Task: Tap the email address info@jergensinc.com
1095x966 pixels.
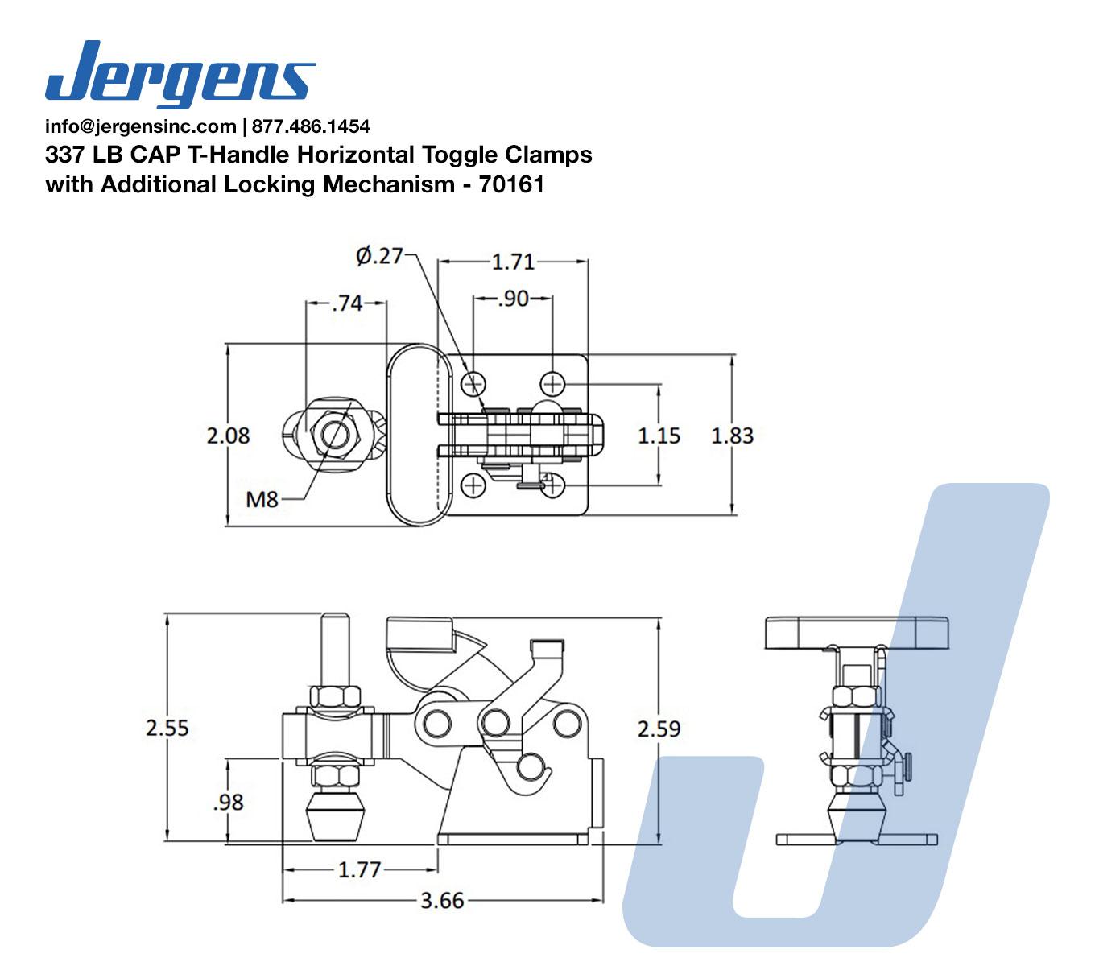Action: pyautogui.click(x=140, y=126)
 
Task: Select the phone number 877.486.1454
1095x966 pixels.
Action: pyautogui.click(x=311, y=126)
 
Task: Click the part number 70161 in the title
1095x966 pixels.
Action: pyautogui.click(x=511, y=184)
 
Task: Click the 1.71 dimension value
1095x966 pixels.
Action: pyautogui.click(x=513, y=262)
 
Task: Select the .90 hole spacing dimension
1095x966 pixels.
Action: pyautogui.click(x=513, y=299)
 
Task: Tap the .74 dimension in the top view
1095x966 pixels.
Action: pyautogui.click(x=347, y=303)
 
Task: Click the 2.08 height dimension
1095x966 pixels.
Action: pyautogui.click(x=228, y=436)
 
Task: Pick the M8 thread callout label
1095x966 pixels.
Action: pyautogui.click(x=262, y=500)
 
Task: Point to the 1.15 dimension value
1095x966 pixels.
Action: pyautogui.click(x=659, y=436)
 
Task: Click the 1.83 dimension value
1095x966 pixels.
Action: pyautogui.click(x=732, y=436)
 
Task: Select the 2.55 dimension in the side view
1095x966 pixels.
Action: pyautogui.click(x=167, y=728)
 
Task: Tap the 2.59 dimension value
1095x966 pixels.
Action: pyautogui.click(x=659, y=729)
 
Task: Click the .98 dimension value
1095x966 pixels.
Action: pyautogui.click(x=228, y=802)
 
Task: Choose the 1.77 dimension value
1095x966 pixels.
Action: pyautogui.click(x=359, y=870)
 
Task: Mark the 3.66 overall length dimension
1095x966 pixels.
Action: pyautogui.click(x=442, y=900)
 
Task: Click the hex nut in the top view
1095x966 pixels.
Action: pyautogui.click(x=333, y=435)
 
